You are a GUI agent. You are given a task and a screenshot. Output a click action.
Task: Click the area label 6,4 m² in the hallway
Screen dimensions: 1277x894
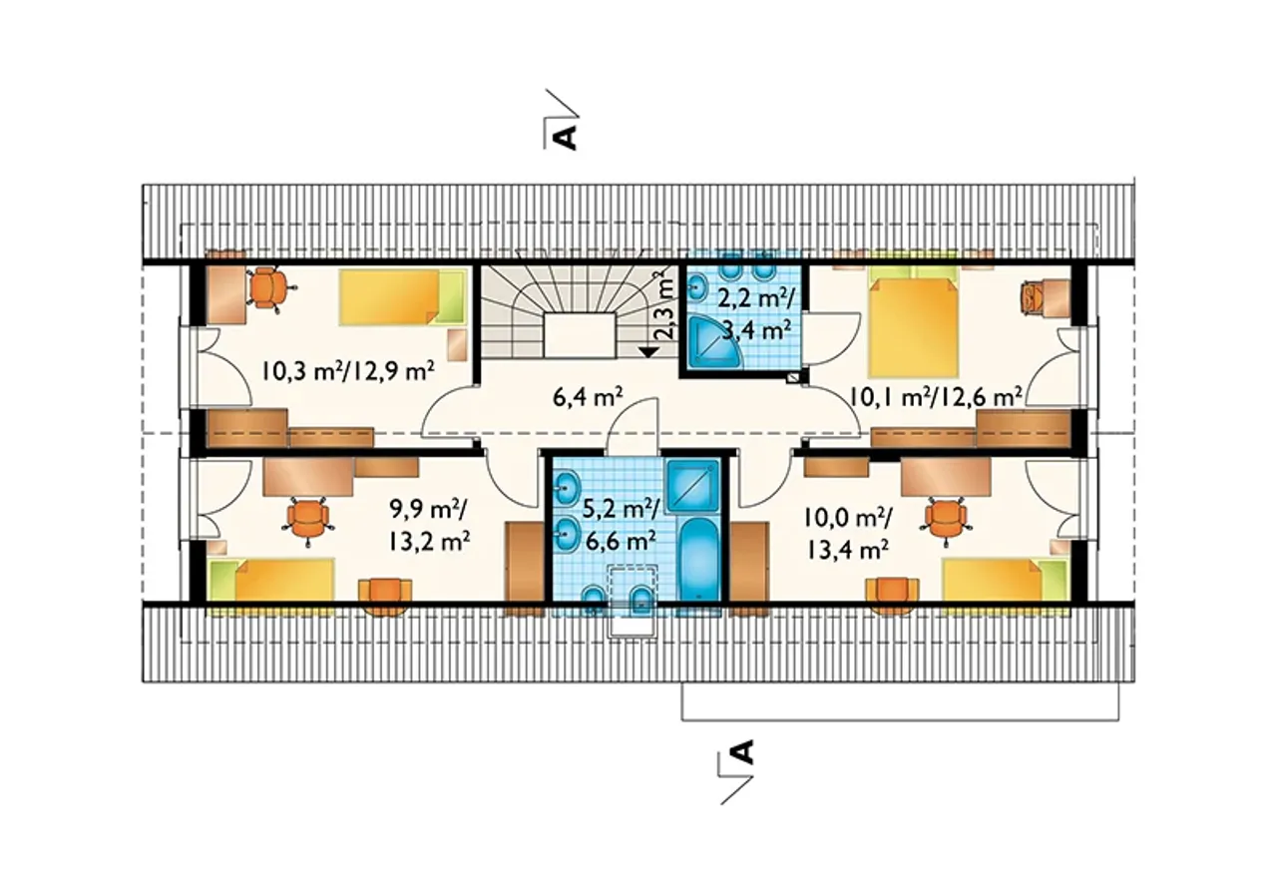(588, 397)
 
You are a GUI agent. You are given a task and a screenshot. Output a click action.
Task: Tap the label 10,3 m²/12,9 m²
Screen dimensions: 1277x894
(348, 371)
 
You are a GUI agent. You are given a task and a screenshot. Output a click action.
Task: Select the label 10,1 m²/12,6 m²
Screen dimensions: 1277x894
(935, 396)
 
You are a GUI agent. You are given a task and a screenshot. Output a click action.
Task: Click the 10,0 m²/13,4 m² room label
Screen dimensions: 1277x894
(847, 534)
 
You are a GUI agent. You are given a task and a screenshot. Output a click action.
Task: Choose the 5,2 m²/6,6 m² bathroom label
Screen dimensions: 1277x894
(621, 526)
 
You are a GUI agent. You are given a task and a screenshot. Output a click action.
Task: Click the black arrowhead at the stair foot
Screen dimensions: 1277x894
(647, 352)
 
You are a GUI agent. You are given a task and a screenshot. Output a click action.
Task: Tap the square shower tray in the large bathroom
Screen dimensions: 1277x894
(692, 485)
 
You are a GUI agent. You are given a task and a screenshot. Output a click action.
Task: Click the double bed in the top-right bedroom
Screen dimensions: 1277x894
(913, 320)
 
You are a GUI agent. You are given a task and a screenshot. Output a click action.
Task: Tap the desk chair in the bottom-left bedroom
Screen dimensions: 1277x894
(308, 520)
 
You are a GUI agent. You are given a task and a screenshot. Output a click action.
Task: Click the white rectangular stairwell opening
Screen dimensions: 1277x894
(581, 335)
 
